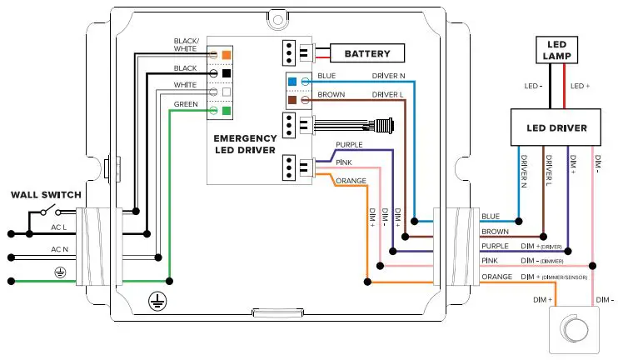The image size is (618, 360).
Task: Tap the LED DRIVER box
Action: click(x=558, y=128)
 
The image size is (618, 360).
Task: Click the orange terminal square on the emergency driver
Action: click(x=226, y=54)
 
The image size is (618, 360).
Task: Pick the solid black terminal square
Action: click(x=226, y=73)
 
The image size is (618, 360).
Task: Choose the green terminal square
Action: click(x=226, y=110)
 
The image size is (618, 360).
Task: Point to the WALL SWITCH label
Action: click(x=46, y=195)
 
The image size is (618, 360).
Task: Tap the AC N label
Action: click(x=58, y=250)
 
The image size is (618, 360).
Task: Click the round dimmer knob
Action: click(x=570, y=327)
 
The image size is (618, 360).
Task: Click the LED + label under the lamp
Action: click(x=580, y=85)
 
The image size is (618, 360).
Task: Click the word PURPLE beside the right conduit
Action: click(x=496, y=247)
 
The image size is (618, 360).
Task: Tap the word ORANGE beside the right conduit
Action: click(x=497, y=277)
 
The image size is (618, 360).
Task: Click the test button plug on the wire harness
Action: click(x=385, y=127)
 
